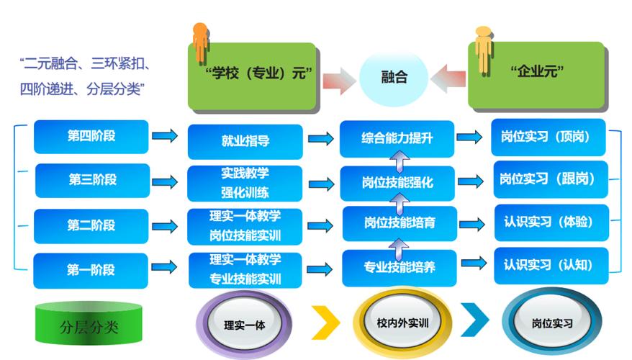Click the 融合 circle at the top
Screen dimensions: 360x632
[x=394, y=76]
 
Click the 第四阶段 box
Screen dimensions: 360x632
[x=91, y=136]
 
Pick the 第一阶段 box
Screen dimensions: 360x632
[x=91, y=270]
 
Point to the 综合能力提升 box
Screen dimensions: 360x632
[x=397, y=138]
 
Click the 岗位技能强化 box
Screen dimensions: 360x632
[x=397, y=182]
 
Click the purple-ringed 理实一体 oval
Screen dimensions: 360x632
[x=245, y=324]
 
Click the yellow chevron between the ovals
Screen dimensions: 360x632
[x=325, y=322]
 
